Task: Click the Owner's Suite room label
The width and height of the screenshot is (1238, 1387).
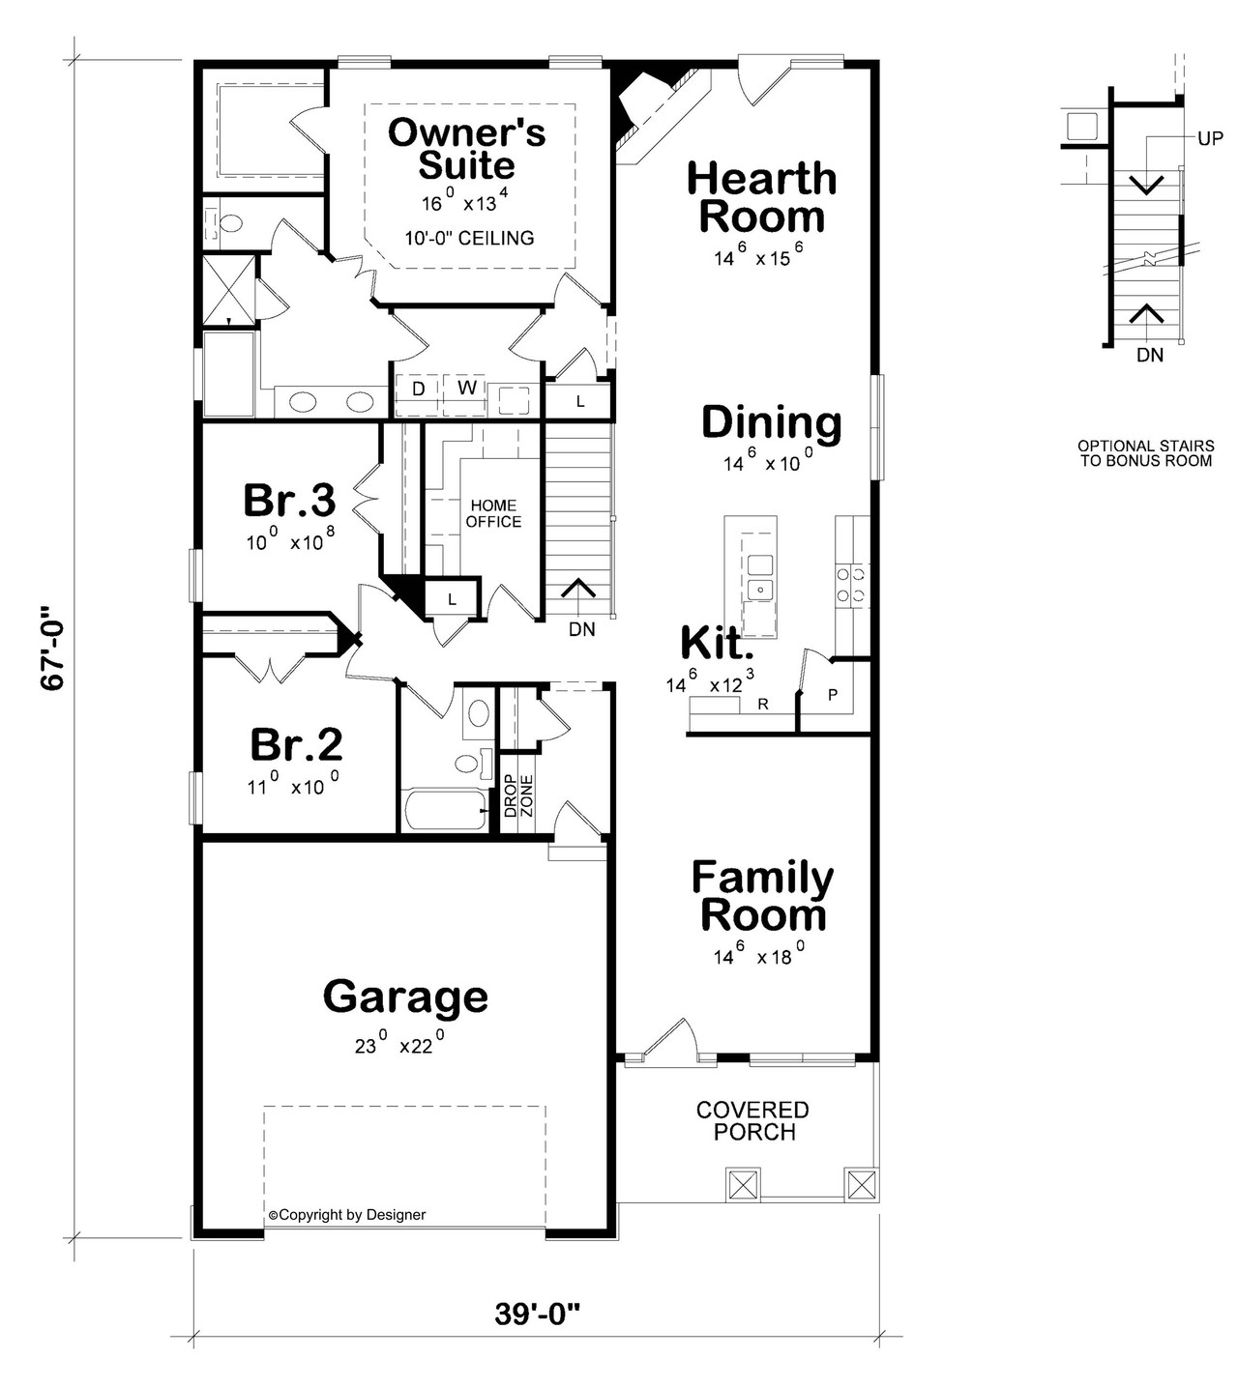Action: tap(466, 149)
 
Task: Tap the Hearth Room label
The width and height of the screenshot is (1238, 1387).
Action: tap(761, 197)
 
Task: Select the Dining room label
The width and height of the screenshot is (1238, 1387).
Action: tap(771, 422)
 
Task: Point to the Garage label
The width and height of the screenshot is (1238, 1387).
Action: tap(405, 996)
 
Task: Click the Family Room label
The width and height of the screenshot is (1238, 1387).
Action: tap(762, 896)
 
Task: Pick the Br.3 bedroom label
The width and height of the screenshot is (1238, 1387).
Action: tap(288, 500)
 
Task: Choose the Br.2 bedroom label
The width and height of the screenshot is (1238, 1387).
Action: tap(295, 744)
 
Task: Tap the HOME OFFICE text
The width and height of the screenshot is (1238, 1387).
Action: tap(493, 513)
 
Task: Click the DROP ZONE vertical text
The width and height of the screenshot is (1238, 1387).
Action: tap(517, 795)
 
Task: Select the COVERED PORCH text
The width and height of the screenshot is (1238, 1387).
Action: tap(752, 1121)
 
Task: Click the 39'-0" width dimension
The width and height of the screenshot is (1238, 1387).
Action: tap(538, 1314)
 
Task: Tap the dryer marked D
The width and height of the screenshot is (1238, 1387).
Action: tap(419, 389)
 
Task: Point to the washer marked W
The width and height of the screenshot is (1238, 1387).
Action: tap(467, 389)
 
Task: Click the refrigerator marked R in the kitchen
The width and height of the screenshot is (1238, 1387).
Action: tap(762, 705)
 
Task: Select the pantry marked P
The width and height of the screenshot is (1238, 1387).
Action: tap(833, 695)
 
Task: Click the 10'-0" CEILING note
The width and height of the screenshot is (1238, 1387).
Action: tap(469, 238)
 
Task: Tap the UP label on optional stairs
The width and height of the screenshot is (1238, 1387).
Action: tap(1210, 138)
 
